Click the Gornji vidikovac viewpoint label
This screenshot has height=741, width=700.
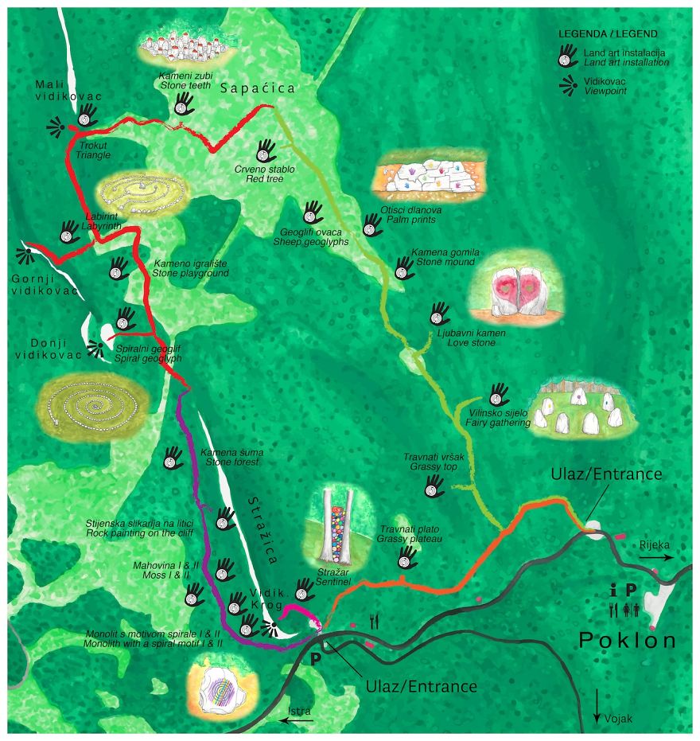coord(45,285)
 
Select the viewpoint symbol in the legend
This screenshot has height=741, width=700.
coord(568,86)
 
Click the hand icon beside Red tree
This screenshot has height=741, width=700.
coord(266,150)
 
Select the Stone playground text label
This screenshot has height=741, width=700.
coord(191,268)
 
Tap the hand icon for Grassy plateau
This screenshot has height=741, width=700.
coord(408,557)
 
